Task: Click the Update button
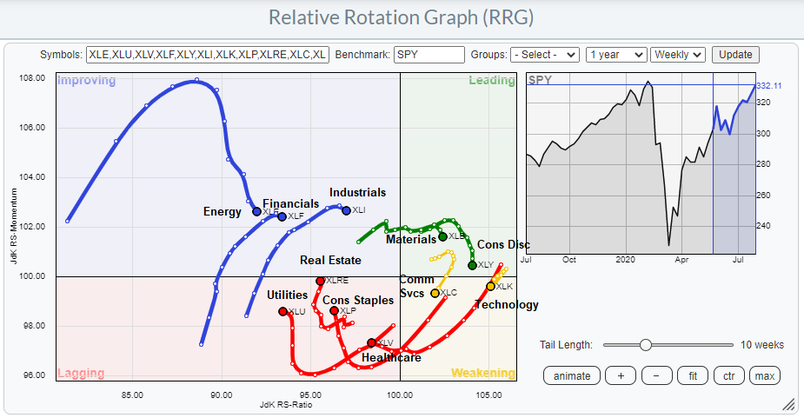pyautogui.click(x=735, y=54)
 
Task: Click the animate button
pyautogui.click(x=572, y=375)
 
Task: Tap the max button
pyautogui.click(x=764, y=375)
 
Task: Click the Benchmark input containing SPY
pyautogui.click(x=429, y=54)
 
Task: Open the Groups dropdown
pyautogui.click(x=544, y=54)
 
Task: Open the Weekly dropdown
pyautogui.click(x=677, y=54)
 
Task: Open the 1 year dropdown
pyautogui.click(x=615, y=54)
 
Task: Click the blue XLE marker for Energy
pyautogui.click(x=256, y=211)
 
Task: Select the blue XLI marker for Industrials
pyautogui.click(x=346, y=210)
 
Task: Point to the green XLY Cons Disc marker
pyautogui.click(x=472, y=265)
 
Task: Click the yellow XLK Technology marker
pyautogui.click(x=490, y=286)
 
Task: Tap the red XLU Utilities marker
pyautogui.click(x=282, y=311)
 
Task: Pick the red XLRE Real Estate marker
pyautogui.click(x=321, y=281)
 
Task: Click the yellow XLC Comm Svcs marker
pyautogui.click(x=435, y=293)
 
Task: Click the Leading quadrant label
pyautogui.click(x=491, y=81)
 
